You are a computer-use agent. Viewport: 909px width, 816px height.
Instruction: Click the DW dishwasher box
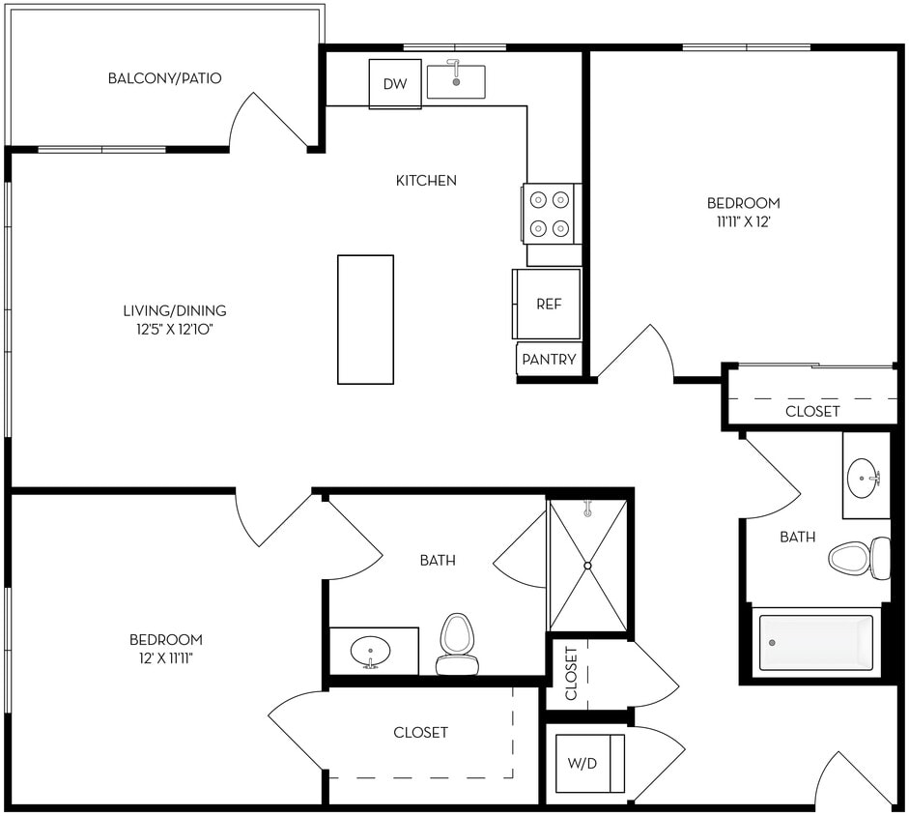click(395, 84)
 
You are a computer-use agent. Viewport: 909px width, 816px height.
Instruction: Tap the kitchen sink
click(456, 82)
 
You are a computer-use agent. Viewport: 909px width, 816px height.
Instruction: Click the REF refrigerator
click(548, 304)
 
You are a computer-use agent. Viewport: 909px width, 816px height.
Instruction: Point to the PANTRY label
click(549, 360)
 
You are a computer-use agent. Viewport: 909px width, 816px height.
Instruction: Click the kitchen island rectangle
click(365, 319)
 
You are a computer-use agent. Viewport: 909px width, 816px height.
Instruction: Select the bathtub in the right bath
click(816, 643)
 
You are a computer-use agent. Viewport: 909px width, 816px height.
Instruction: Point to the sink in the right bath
click(864, 477)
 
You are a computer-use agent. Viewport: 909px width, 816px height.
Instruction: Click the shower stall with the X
click(587, 565)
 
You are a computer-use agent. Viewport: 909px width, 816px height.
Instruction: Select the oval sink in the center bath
click(369, 650)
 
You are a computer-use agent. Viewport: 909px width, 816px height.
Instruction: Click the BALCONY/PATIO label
click(165, 78)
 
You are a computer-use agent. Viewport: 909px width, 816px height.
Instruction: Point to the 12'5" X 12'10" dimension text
click(174, 330)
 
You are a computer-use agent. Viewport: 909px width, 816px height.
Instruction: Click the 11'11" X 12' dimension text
click(743, 221)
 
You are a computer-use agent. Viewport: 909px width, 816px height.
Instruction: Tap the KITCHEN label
click(426, 181)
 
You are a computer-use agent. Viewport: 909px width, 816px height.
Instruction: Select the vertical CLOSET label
click(571, 673)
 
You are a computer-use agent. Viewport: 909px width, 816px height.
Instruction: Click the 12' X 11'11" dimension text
click(166, 658)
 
